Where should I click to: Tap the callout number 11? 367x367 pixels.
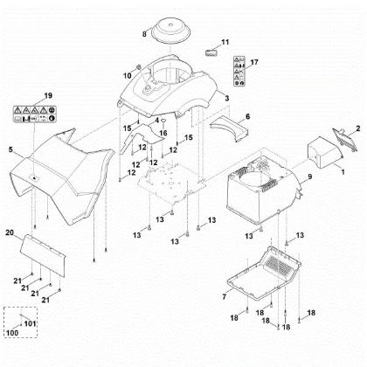[225, 42]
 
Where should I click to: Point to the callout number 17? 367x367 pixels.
[254, 63]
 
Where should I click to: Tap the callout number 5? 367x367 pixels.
[11, 150]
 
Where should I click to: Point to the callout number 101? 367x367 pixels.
[31, 324]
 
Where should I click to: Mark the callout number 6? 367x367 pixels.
[247, 116]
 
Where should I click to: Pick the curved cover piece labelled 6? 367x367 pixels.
[227, 124]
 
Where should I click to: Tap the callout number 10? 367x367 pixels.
[126, 75]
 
